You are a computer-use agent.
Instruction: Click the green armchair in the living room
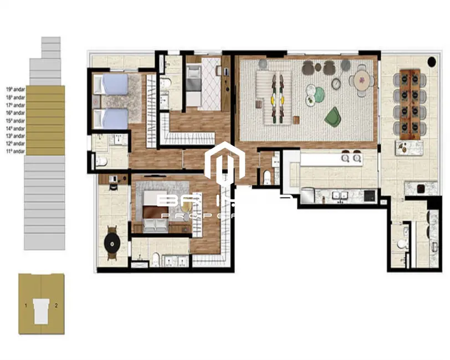(x=333, y=116)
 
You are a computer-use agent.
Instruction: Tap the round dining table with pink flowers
(x=362, y=81)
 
